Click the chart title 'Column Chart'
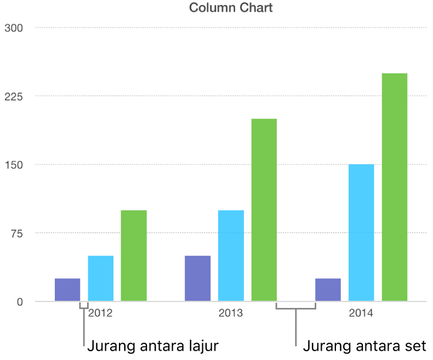coord(231,8)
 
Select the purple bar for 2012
coord(67,290)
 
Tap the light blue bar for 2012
coord(101,278)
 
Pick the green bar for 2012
coord(134,256)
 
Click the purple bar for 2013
coord(197,278)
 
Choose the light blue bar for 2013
coord(231,256)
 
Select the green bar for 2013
coord(264,210)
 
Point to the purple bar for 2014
coord(328,290)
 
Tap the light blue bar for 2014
coord(361,233)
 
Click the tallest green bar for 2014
coord(395,187)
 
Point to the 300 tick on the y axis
coord(14,28)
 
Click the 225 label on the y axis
coord(14,96)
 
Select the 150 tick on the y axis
coord(14,165)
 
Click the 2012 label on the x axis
coord(100,314)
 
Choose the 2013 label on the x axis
coord(231,314)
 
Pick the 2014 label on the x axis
coord(361,314)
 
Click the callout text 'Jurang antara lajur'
coord(153,346)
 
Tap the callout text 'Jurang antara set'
coord(364,346)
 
